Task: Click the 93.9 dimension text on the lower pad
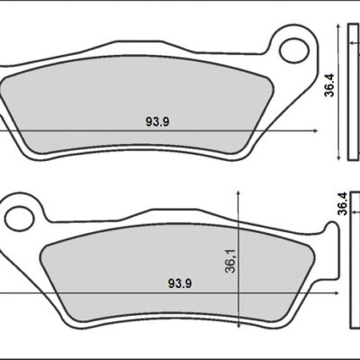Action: tap(179, 283)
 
